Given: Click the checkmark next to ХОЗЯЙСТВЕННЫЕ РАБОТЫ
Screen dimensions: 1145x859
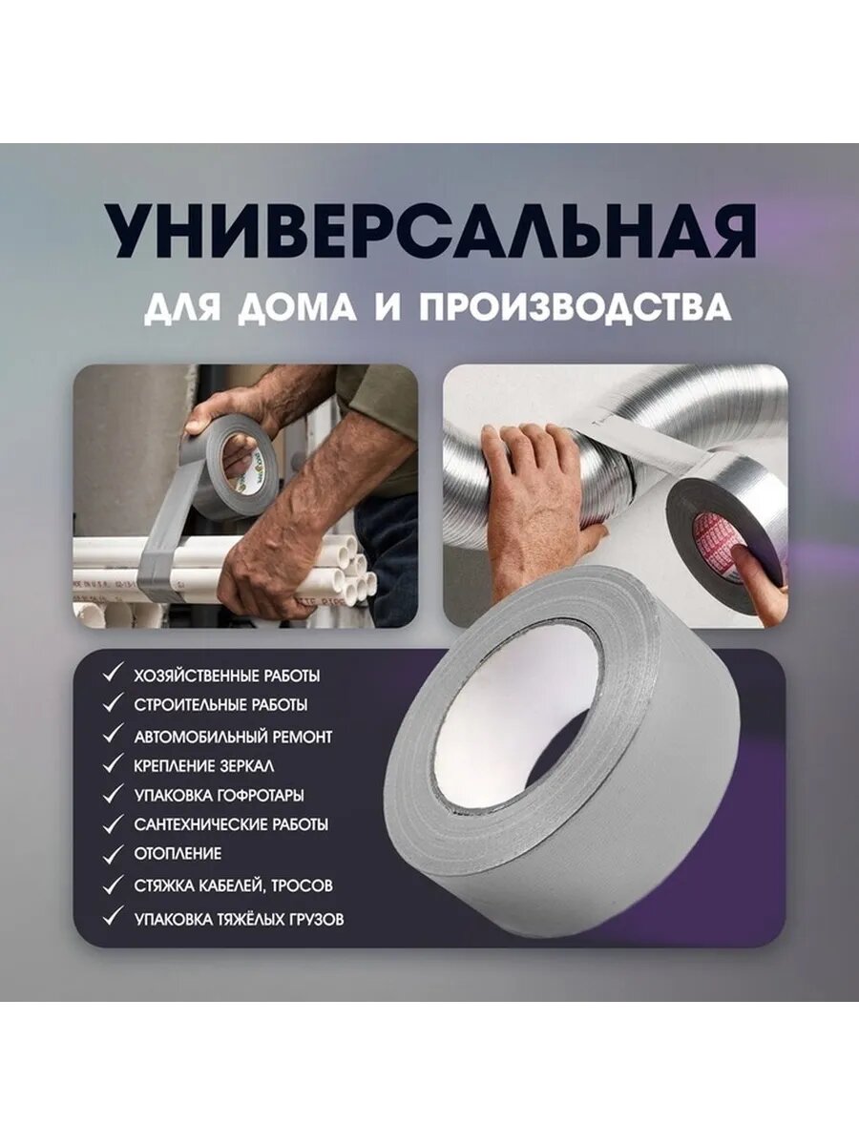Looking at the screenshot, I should (114, 675).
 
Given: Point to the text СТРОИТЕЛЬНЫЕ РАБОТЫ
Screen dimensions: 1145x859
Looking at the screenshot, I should (220, 706).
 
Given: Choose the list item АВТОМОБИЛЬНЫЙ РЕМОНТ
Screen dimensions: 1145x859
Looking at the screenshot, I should (233, 736).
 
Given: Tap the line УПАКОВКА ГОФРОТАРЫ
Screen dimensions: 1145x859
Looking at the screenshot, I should (219, 794).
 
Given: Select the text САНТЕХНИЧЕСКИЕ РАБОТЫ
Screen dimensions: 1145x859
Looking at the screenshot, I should (231, 823).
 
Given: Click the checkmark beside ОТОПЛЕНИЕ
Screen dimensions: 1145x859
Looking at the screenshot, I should (114, 852).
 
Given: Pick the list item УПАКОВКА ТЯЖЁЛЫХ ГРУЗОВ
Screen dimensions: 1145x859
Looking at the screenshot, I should (239, 919).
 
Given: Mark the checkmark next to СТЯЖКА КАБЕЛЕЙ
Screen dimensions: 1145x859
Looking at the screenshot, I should (114, 885).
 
